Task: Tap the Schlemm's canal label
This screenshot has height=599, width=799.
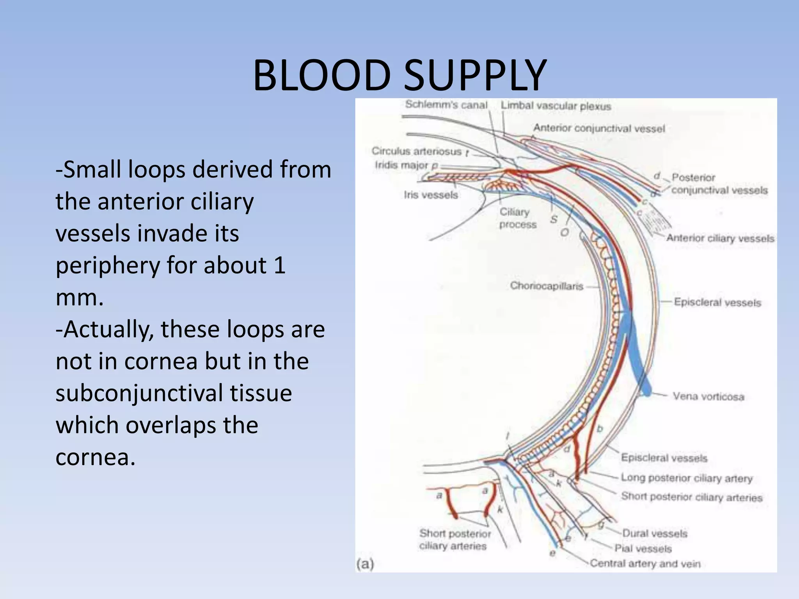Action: click(446, 105)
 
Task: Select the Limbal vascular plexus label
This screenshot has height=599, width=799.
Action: click(556, 106)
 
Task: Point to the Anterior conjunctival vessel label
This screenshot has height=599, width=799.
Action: click(599, 128)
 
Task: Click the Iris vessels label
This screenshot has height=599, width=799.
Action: click(431, 195)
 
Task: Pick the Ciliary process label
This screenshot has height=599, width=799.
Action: click(518, 218)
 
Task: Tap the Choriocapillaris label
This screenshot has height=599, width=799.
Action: click(546, 286)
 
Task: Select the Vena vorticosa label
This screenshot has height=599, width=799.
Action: click(708, 397)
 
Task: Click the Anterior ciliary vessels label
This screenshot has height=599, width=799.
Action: click(720, 238)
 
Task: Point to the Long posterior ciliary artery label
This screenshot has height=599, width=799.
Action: click(686, 478)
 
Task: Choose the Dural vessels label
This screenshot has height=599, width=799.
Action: click(654, 533)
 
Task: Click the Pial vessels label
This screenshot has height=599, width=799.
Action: click(643, 549)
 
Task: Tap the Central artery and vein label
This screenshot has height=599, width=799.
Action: click(645, 564)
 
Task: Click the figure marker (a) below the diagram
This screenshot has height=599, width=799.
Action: click(365, 564)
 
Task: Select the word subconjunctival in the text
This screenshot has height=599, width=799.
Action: click(174, 393)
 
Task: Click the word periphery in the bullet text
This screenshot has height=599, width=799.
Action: click(107, 266)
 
